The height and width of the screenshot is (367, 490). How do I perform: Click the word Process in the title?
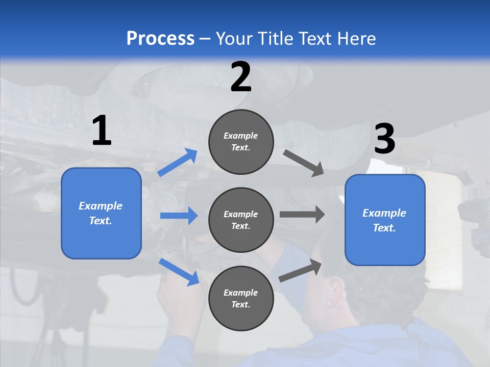click(160, 38)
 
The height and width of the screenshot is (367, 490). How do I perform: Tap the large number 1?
click(102, 130)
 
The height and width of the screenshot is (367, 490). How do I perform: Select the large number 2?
click(241, 76)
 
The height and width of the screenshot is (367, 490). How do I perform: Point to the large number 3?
click(384, 139)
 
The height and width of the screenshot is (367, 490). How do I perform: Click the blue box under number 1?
click(101, 213)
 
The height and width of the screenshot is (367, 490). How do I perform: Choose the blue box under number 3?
click(385, 220)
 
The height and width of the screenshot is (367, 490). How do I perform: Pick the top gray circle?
click(241, 142)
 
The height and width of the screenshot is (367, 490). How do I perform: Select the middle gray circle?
click(241, 220)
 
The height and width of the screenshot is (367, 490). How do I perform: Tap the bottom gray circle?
click(241, 299)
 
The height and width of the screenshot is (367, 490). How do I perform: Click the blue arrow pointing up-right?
click(178, 163)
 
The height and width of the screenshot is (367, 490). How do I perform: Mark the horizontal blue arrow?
click(179, 216)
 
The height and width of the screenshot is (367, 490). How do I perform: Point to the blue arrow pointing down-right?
click(179, 272)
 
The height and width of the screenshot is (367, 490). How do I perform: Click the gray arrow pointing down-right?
click(304, 163)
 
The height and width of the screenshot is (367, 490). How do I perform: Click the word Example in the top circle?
click(240, 136)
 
